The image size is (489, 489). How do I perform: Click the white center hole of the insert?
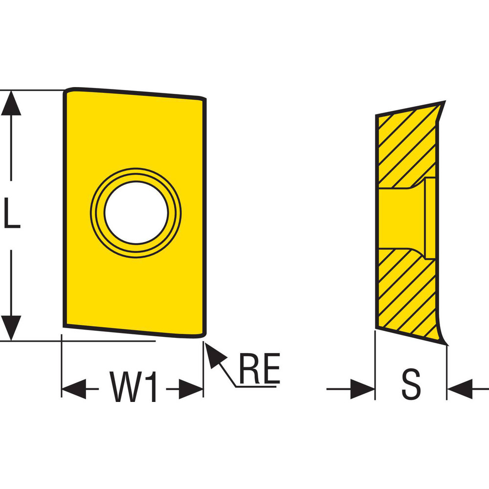point(136,212)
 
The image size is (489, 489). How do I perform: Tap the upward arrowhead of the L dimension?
point(11,103)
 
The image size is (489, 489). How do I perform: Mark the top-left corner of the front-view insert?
point(67,91)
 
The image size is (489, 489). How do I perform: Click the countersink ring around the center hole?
point(98,212)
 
